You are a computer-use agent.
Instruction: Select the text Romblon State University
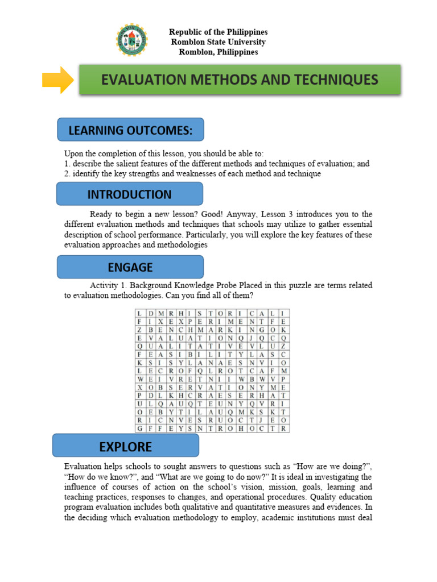[218, 42]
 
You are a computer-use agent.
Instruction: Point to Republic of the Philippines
[218, 32]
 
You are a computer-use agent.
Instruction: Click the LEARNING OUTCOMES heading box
[130, 130]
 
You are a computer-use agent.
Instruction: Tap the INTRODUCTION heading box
[129, 194]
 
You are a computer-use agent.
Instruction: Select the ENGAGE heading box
[130, 267]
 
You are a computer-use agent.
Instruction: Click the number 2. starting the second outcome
[67, 173]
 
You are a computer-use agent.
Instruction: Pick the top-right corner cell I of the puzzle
[283, 313]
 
